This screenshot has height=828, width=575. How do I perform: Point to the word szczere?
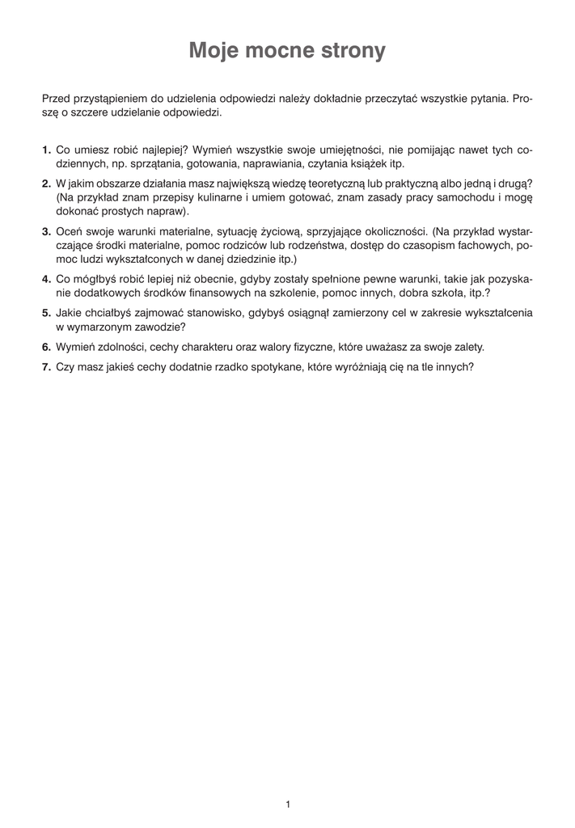click(94, 113)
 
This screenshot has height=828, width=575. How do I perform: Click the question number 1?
click(46, 150)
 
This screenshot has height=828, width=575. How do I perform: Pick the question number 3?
click(46, 230)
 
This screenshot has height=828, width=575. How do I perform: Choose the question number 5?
click(46, 312)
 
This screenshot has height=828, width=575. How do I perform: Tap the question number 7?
click(46, 365)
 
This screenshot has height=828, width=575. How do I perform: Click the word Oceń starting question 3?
click(69, 230)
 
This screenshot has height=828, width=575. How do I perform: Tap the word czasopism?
click(427, 244)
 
